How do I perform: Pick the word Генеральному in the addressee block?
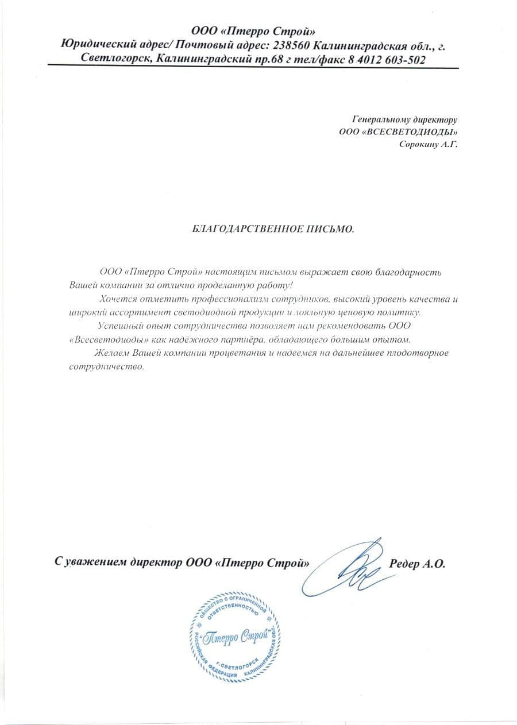[x=382, y=120]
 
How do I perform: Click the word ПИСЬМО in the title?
[x=334, y=229]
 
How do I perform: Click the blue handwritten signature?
[x=350, y=568]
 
